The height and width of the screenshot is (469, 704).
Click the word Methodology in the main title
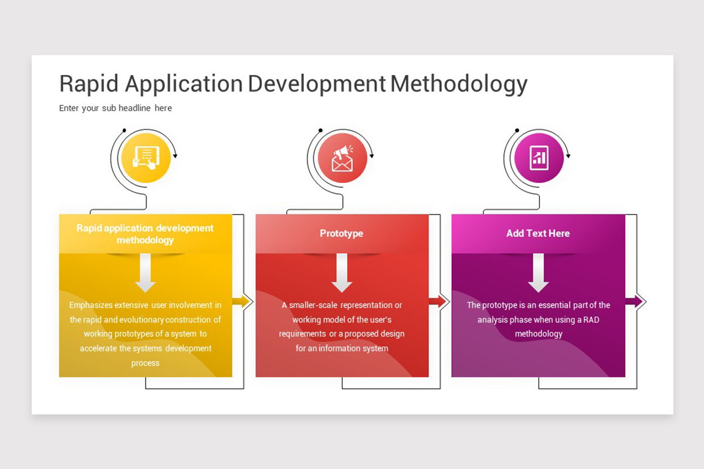(x=458, y=84)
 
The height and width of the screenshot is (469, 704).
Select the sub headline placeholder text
(x=116, y=108)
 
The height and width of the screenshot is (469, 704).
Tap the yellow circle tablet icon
(x=145, y=158)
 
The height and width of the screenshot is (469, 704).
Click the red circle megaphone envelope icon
(x=342, y=158)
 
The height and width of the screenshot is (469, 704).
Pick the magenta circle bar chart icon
(x=539, y=158)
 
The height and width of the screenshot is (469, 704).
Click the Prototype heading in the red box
(x=341, y=233)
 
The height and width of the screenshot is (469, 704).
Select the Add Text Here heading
(x=538, y=233)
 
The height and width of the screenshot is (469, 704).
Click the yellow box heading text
(x=145, y=234)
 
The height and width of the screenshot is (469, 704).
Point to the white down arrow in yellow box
(x=145, y=273)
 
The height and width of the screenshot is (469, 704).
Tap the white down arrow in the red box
(x=342, y=273)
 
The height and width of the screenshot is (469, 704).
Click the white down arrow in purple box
(x=538, y=273)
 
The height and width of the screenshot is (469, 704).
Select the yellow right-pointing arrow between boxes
(x=242, y=302)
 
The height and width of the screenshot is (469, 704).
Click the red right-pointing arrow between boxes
(x=438, y=302)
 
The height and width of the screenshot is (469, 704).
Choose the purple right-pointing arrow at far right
(x=635, y=302)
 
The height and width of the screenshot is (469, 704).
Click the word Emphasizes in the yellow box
(x=90, y=305)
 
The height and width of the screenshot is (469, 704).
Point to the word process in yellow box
(x=145, y=363)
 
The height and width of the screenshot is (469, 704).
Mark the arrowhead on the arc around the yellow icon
(x=175, y=156)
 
